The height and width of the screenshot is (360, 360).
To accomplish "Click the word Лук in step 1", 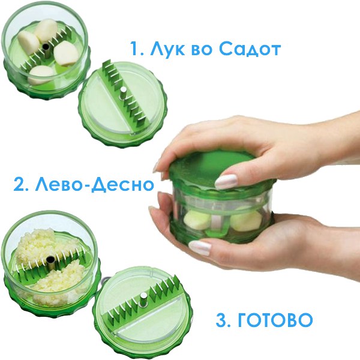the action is click(x=167, y=49).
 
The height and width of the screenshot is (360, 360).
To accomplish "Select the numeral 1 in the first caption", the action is click(x=135, y=49).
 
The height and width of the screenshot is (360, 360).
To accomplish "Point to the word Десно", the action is click(x=122, y=184).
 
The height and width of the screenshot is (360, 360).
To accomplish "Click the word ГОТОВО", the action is click(x=275, y=320).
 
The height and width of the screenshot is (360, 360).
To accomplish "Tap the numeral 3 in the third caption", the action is click(x=221, y=320).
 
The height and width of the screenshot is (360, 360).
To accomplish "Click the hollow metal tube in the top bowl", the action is click(x=46, y=50).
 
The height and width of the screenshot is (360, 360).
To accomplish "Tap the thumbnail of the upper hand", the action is click(x=226, y=181).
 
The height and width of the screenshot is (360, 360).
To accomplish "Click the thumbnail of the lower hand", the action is click(x=200, y=248).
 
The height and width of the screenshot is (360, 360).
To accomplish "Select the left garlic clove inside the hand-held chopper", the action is click(x=197, y=220).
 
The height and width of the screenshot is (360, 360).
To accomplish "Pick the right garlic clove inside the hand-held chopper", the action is click(x=245, y=221).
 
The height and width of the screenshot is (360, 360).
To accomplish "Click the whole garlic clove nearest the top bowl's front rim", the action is click(x=41, y=75).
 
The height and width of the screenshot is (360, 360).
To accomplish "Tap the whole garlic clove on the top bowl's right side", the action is click(x=67, y=54).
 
